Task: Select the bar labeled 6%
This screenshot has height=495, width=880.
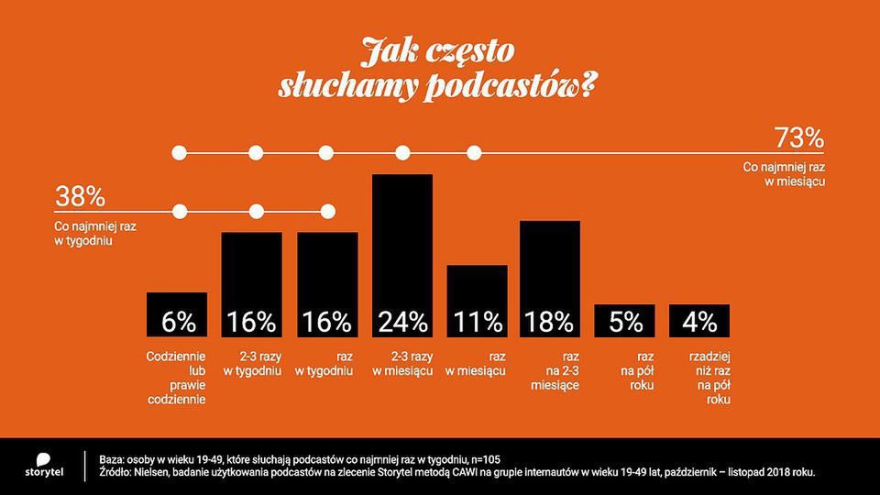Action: pos(177,315)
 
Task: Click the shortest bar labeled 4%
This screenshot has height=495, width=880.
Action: pos(699,321)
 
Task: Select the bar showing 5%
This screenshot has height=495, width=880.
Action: pos(624,321)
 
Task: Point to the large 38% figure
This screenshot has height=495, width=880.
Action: pos(82,196)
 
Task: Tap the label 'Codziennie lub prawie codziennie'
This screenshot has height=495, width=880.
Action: pos(177,377)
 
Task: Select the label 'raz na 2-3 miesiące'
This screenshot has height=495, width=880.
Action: pos(550,369)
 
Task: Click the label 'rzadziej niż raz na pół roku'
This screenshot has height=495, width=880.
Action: pos(699,377)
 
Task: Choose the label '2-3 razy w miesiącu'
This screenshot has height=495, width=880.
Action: pos(401,362)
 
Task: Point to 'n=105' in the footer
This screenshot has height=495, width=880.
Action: pos(479,458)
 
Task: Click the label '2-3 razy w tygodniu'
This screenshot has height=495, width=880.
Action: pos(252,362)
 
